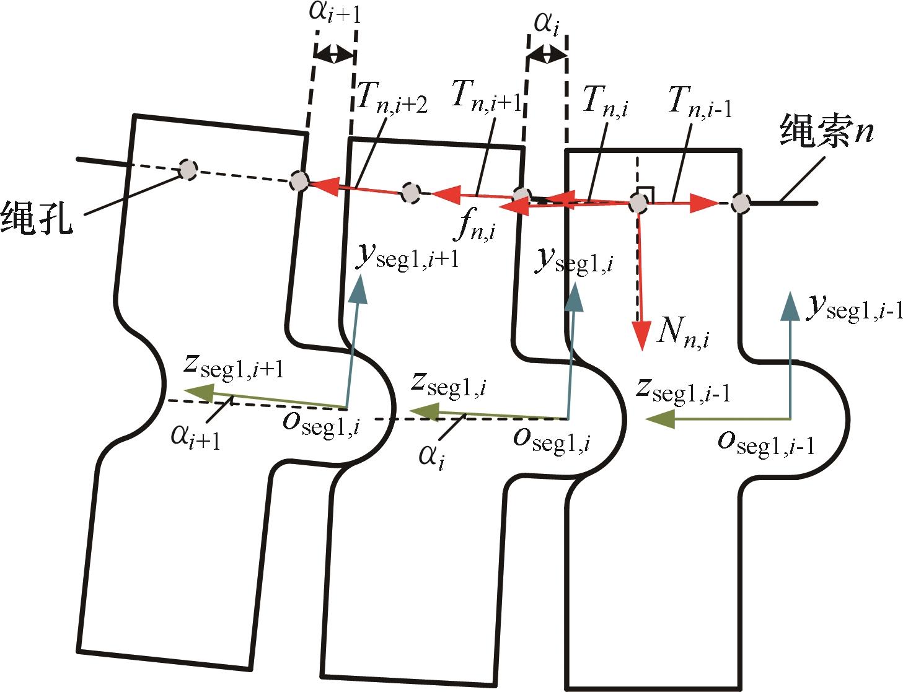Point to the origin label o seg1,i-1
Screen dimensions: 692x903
(x=766, y=443)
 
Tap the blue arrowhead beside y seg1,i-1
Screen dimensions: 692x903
(x=790, y=305)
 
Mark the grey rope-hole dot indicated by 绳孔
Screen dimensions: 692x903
(x=187, y=169)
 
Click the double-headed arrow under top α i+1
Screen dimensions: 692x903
(x=335, y=55)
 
